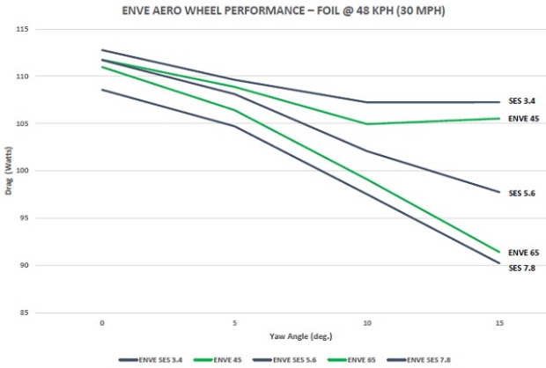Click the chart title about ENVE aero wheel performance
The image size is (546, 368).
(272, 11)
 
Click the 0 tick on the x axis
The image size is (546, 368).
(103, 323)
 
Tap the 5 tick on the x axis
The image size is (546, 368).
(235, 323)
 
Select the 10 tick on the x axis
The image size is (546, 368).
(367, 323)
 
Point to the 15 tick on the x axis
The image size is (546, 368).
(498, 323)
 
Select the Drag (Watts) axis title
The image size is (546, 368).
(8, 172)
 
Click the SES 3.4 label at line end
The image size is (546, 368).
(521, 101)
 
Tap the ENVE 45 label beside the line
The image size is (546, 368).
(523, 118)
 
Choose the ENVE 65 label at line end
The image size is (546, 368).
(523, 253)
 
